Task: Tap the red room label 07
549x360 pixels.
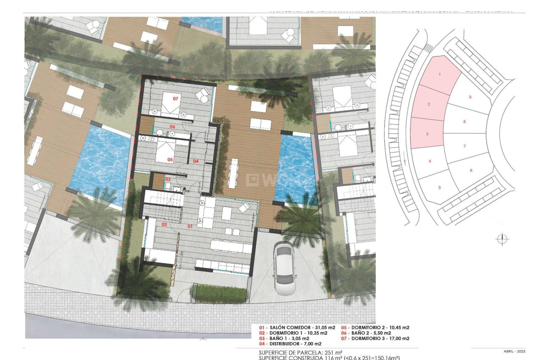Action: [176, 99]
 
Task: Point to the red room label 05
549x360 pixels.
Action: [170, 159]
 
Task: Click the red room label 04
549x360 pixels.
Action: [195, 161]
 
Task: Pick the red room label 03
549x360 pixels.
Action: [168, 179]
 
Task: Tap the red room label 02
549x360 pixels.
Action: [164, 224]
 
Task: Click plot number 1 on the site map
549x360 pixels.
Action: [439, 75]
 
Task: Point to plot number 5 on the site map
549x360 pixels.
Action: [439, 188]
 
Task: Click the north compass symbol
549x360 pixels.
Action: [502, 239]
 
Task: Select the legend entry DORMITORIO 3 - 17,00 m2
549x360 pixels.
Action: [375, 338]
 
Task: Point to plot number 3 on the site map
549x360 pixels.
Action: [427, 134]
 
